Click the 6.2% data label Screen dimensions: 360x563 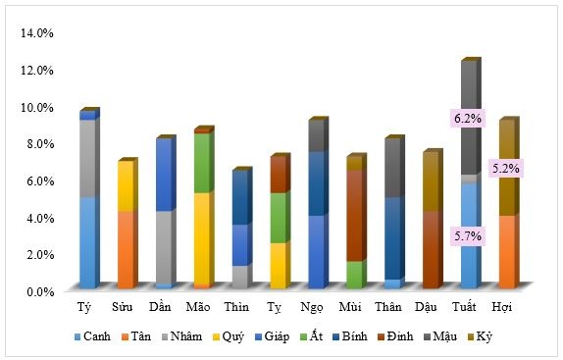pyautogui.click(x=468, y=119)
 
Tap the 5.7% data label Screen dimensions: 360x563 pyautogui.click(x=468, y=235)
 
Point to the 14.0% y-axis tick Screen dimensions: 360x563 pyautogui.click(x=37, y=32)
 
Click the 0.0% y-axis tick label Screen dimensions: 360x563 pyautogui.click(x=40, y=291)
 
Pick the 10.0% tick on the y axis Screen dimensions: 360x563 pyautogui.click(x=37, y=106)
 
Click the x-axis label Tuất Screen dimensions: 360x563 pyautogui.click(x=468, y=308)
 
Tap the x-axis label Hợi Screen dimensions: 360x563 pyautogui.click(x=505, y=308)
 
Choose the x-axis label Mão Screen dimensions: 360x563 pyautogui.click(x=196, y=308)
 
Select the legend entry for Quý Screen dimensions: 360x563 pyautogui.click(x=231, y=336)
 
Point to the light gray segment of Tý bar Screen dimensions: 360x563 pyautogui.click(x=87, y=158)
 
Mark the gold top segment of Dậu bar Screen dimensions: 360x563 pyautogui.click(x=432, y=182)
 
